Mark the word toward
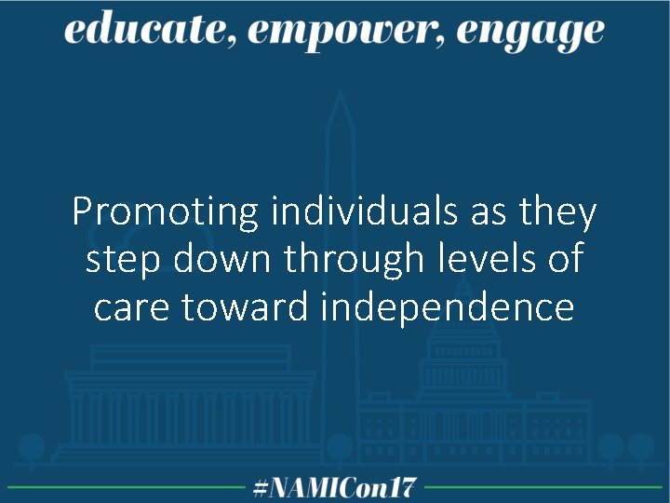point(246,306)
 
